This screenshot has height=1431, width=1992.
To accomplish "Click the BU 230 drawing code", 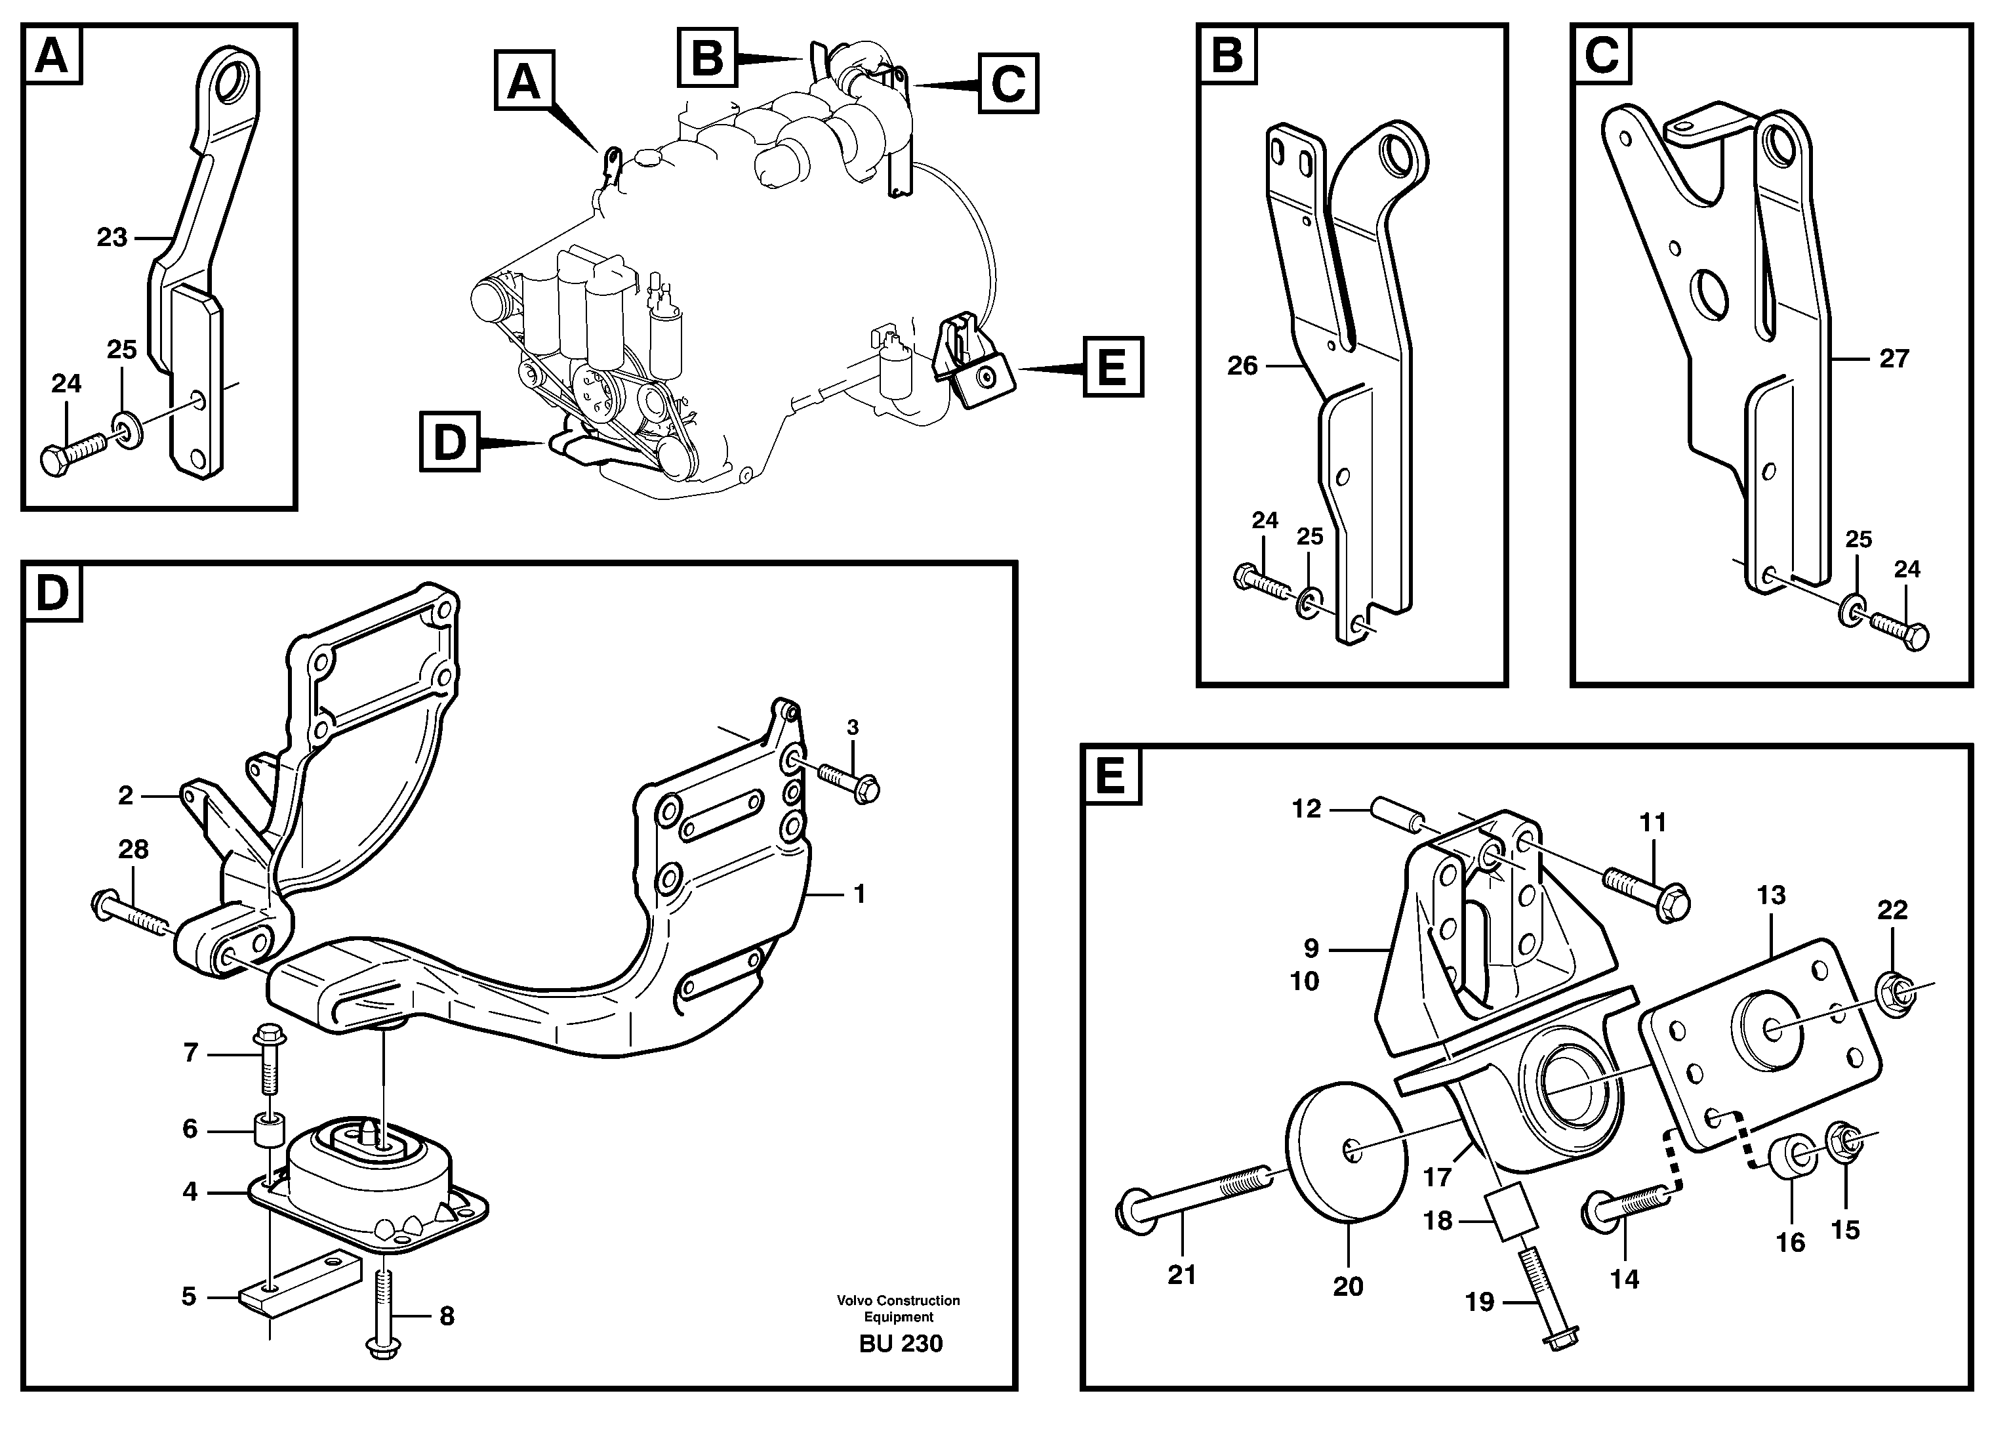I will (x=901, y=1344).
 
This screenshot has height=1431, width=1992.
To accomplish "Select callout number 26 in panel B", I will (x=1242, y=365).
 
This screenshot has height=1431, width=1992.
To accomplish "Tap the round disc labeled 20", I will (x=1341, y=1151).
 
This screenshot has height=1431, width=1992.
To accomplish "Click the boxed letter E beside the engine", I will (x=1112, y=366).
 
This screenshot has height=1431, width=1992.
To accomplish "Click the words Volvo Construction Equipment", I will (x=898, y=1308).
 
